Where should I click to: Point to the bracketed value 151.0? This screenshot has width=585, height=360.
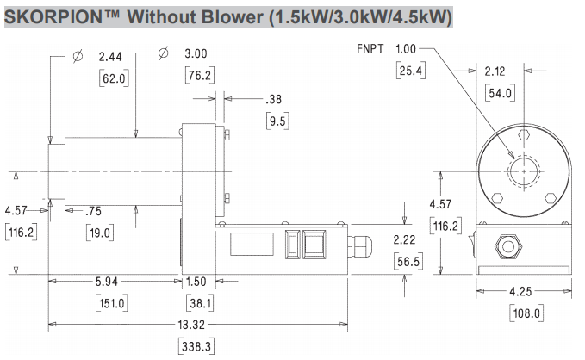click(x=113, y=303)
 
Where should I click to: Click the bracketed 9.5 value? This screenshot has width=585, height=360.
click(x=278, y=121)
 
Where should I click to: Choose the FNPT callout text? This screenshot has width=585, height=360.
click(x=371, y=49)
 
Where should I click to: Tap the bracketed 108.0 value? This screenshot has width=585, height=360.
click(x=526, y=313)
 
